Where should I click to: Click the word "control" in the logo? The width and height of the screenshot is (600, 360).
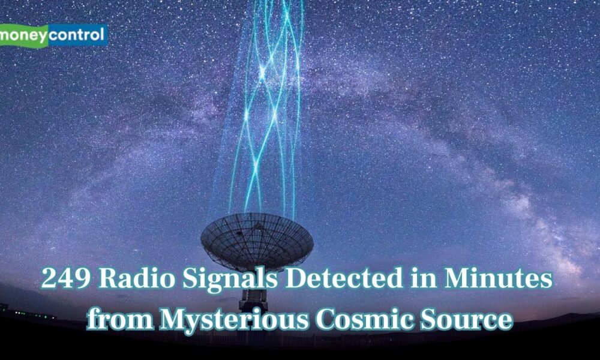[77, 35]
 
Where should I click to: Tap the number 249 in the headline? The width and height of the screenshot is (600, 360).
[66, 278]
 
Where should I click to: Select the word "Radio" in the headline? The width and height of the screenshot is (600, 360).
[137, 278]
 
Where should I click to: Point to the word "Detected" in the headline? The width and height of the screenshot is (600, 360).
[344, 278]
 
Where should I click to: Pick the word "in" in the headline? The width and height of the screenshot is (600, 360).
[423, 278]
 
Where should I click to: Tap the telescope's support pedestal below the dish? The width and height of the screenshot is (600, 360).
[253, 300]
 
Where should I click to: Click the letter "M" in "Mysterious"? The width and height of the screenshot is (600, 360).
[174, 319]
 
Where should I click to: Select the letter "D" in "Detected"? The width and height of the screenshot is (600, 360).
[297, 278]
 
